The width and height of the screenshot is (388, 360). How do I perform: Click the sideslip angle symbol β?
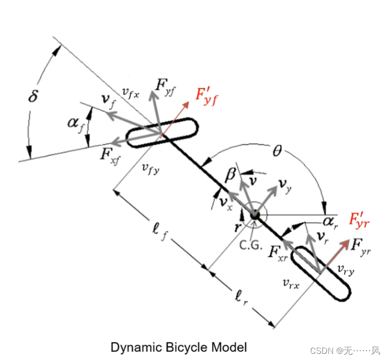(x=230, y=175)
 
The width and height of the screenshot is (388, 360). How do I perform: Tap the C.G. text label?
(x=251, y=245)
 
